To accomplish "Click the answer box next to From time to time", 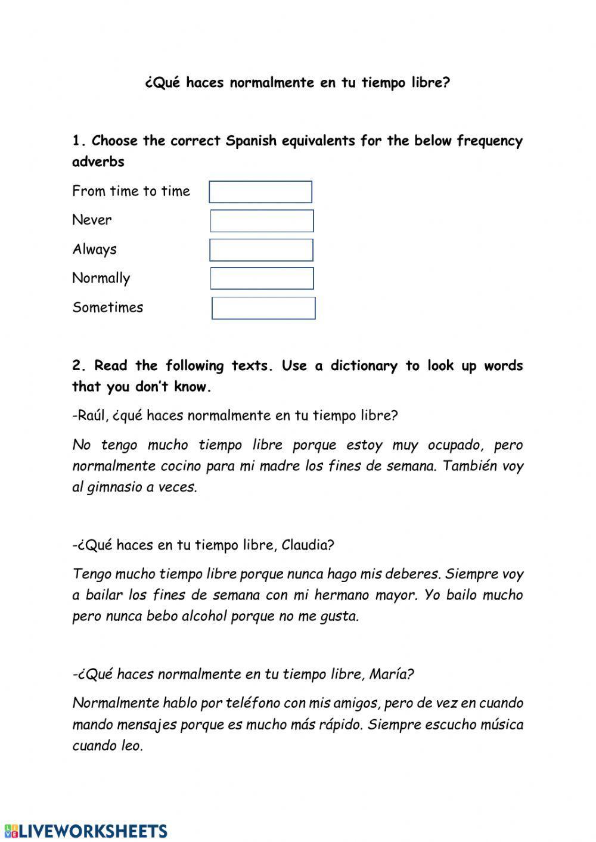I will tap(260, 192).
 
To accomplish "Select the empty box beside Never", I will tap(262, 220).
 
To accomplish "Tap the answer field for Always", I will tap(261, 250).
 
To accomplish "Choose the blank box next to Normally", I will tap(262, 278).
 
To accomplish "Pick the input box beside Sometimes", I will tap(263, 308).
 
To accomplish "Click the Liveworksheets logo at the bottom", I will tap(86, 831).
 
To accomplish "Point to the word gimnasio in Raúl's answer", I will tap(113, 487).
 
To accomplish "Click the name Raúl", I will tap(89, 415).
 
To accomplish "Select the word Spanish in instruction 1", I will tap(251, 141).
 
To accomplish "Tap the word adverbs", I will tap(98, 161).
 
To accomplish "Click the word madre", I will tap(280, 466).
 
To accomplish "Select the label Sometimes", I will tap(108, 307).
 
